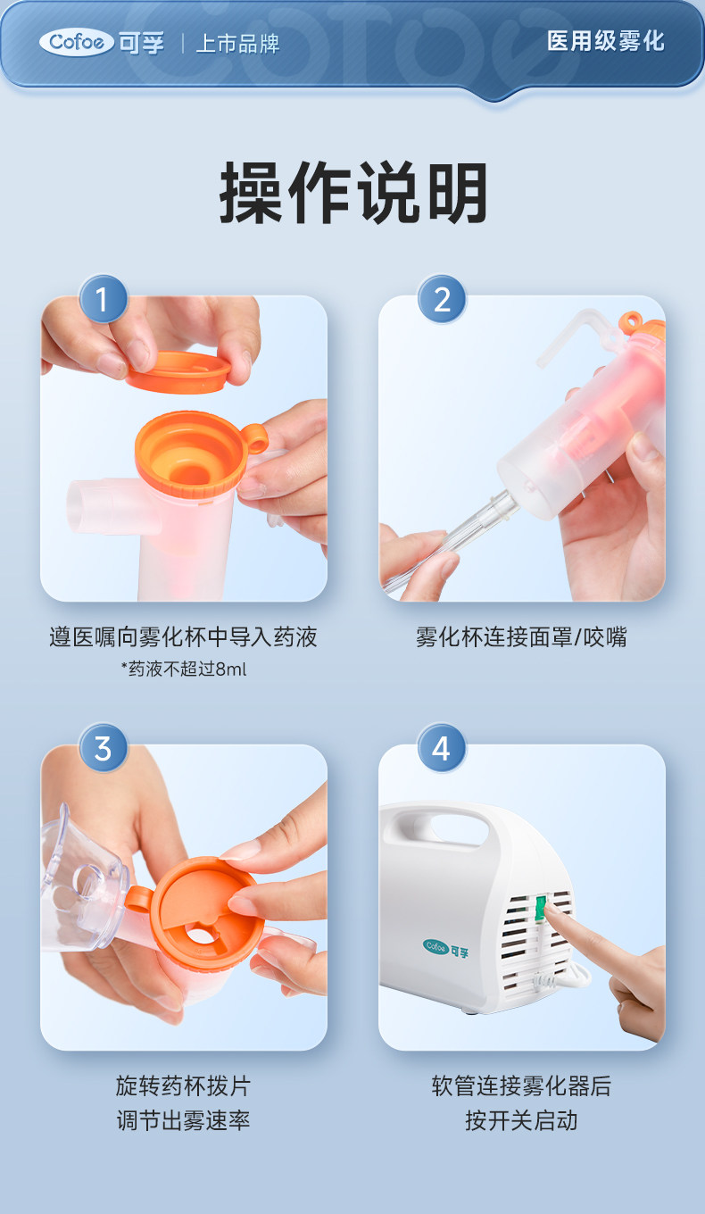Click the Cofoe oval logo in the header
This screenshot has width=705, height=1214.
coord(77,42)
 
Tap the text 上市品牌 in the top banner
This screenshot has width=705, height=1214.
coord(237,44)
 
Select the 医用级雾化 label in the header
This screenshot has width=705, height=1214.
coord(605,41)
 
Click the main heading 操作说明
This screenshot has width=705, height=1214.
coord(352,193)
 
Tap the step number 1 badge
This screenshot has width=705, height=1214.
coord(103,299)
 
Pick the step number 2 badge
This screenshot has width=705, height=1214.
coord(442,299)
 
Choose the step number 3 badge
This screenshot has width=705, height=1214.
coord(103,748)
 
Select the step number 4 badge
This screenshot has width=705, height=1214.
coord(442,748)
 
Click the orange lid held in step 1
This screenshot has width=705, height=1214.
coord(178,371)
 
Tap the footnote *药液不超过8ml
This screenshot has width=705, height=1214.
coord(184,669)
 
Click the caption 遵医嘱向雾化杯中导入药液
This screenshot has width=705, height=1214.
coord(183,636)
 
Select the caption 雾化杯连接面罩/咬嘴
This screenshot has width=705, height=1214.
coord(521,636)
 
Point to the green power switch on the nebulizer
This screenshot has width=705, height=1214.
coord(540,909)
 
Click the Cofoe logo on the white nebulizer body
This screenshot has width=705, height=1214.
coord(445,948)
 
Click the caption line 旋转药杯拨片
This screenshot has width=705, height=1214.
coord(183,1085)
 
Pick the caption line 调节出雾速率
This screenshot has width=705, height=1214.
coord(183,1120)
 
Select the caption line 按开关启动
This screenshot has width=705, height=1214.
coord(521,1120)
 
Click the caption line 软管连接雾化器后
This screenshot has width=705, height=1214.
coord(521,1085)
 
